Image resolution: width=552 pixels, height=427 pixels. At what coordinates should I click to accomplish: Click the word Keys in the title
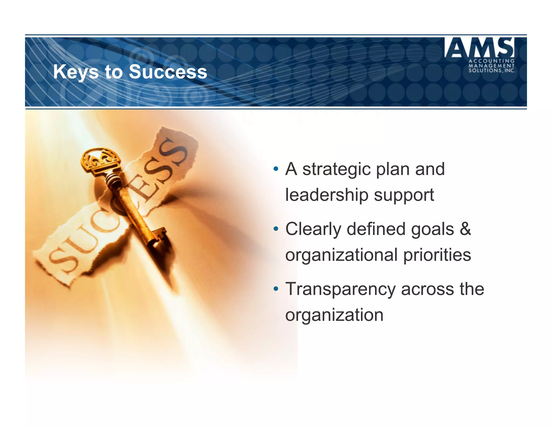pyautogui.click(x=76, y=72)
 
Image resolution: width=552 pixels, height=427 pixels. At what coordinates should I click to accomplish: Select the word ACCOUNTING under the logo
pyautogui.click(x=492, y=61)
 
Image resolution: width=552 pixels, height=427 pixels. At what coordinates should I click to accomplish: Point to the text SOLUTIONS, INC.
pyautogui.click(x=492, y=71)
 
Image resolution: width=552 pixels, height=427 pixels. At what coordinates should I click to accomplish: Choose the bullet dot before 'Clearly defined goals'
pyautogui.click(x=275, y=229)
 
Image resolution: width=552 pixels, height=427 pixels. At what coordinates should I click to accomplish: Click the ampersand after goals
pyautogui.click(x=465, y=229)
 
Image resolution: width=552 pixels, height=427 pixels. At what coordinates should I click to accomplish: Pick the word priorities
pyautogui.click(x=437, y=255)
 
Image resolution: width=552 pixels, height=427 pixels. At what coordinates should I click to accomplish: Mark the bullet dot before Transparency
pyautogui.click(x=275, y=289)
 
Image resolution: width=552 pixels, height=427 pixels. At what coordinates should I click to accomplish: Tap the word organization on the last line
pyautogui.click(x=334, y=315)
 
